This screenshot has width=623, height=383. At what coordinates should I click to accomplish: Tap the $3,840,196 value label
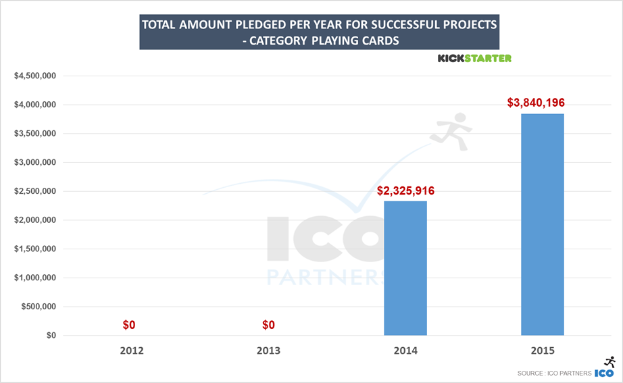[x=536, y=103]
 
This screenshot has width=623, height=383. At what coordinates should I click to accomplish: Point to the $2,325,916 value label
[x=405, y=190]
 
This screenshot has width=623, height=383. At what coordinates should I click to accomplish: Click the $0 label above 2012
[x=129, y=325]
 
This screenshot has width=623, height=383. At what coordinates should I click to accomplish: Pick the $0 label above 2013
[x=268, y=325]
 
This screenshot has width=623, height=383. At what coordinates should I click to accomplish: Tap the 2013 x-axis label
[x=268, y=351]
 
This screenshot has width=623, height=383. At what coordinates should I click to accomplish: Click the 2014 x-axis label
[x=405, y=351]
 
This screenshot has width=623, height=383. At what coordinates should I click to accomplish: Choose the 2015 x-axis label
[x=543, y=351]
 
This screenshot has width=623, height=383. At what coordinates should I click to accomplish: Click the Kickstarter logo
[x=474, y=59]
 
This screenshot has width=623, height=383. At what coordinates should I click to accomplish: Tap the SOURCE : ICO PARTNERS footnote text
[x=554, y=374]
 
